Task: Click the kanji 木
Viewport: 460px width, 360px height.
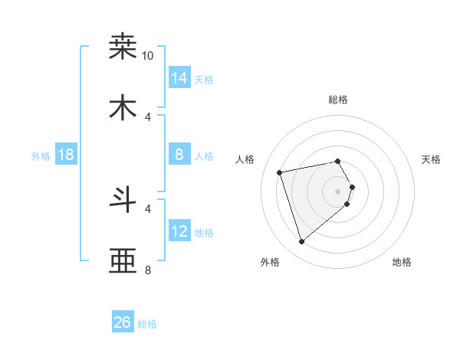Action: click(123, 109)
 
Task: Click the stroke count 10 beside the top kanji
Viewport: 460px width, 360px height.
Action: click(148, 56)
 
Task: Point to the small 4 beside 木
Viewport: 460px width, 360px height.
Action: click(148, 116)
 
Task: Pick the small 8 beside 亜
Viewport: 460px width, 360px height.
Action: click(148, 270)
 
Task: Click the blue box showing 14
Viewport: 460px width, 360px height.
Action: click(179, 77)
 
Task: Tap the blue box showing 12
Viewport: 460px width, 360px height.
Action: click(179, 231)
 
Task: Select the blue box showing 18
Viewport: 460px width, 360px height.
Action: click(66, 155)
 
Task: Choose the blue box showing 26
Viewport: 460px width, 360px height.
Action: click(123, 322)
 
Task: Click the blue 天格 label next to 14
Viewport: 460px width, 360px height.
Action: click(204, 80)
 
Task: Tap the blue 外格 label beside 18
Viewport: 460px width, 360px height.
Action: click(41, 156)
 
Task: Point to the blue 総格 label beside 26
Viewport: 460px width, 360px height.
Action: click(147, 324)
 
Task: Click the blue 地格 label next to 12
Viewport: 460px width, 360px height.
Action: click(204, 233)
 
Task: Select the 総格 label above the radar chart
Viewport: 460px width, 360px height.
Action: click(338, 100)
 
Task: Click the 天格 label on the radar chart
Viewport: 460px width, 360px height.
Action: click(431, 159)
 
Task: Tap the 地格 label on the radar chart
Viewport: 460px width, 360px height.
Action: click(402, 262)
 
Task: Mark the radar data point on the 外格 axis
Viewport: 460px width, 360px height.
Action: click(301, 242)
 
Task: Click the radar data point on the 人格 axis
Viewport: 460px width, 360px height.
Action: click(280, 172)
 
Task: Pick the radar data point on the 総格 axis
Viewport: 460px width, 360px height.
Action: click(338, 161)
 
